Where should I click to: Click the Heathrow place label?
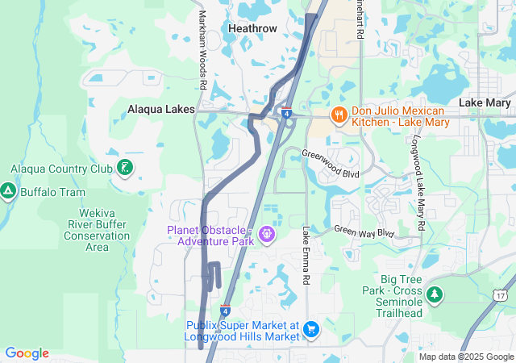(x=252, y=28)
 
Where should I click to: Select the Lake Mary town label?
(x=485, y=103)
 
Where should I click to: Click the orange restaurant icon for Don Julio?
(x=338, y=115)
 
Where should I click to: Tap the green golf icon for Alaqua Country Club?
(x=125, y=168)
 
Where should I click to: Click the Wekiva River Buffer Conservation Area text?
(x=97, y=230)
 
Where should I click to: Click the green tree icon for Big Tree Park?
(x=435, y=294)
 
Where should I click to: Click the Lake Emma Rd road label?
(x=306, y=256)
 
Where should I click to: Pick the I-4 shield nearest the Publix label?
(x=225, y=311)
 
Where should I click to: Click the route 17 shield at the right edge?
(x=502, y=296)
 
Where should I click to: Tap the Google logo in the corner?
(x=27, y=353)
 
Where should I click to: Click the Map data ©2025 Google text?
(x=464, y=357)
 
